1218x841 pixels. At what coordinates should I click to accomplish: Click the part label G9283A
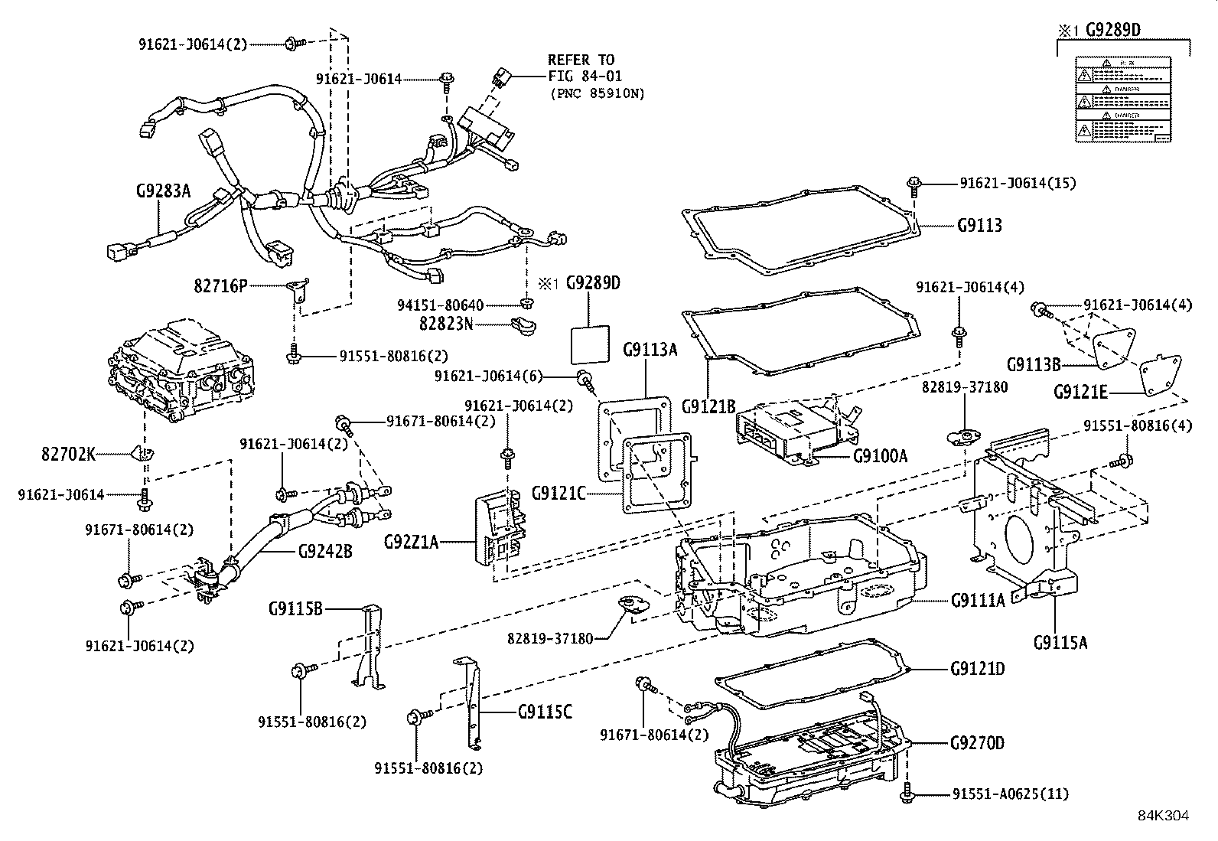[x=163, y=191]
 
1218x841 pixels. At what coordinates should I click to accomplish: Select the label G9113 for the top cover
[x=979, y=226]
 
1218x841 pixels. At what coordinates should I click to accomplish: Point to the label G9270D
[x=977, y=743]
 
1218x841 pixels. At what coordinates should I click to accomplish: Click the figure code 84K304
[x=1163, y=817]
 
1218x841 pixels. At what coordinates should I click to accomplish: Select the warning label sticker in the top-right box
[x=1122, y=99]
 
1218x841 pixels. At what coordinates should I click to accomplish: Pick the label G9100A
[x=880, y=456]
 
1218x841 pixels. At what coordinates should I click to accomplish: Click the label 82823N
[x=446, y=324]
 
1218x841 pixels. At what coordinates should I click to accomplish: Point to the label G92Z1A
[x=412, y=543]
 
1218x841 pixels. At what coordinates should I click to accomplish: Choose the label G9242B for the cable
[x=325, y=550]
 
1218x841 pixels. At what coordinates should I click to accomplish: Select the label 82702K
[x=68, y=455]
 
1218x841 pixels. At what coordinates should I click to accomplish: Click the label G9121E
[x=1080, y=393]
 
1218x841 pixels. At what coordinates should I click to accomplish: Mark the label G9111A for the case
[x=978, y=601]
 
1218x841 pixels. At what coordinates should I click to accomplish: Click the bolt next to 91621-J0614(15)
[x=914, y=183]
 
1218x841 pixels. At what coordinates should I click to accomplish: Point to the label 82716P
[x=220, y=285]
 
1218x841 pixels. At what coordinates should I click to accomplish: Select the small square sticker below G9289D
[x=591, y=345]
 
